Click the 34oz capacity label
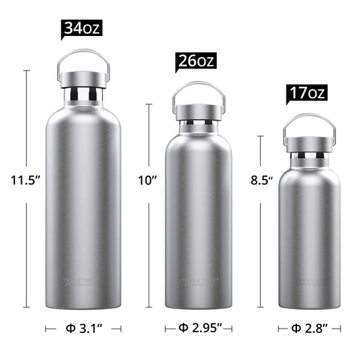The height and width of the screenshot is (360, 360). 81,29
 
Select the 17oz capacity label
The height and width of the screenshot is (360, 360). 307,94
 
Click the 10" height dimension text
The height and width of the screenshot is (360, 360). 148,180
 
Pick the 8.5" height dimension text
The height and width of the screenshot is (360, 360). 261,180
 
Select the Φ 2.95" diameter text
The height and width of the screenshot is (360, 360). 198,328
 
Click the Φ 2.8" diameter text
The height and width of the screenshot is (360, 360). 308,328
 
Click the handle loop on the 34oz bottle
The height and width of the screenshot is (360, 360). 84,54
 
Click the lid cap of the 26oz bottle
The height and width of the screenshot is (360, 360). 199,110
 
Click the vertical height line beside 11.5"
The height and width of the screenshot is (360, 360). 27,247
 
